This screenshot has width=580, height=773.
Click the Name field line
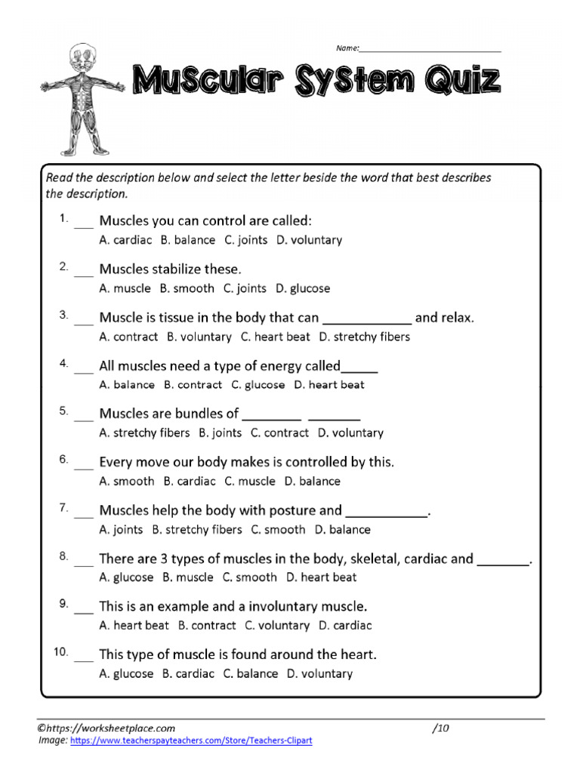[430, 50]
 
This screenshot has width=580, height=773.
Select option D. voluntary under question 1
[309, 240]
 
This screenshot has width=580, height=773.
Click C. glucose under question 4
[258, 385]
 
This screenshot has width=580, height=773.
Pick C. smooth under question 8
[249, 577]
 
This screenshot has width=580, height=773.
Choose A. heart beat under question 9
[134, 626]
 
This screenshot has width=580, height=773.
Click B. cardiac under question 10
[188, 674]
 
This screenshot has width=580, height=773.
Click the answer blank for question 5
[84, 417]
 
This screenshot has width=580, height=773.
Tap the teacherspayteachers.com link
[191, 741]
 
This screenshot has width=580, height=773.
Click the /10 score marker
[441, 728]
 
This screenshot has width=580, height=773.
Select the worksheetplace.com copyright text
[106, 728]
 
